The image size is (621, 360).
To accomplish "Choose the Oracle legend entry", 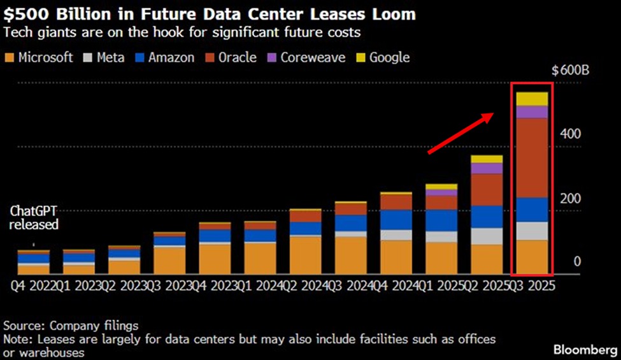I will (x=230, y=58).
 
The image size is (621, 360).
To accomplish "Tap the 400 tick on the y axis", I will (x=571, y=134).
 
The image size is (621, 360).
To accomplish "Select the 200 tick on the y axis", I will (x=571, y=198).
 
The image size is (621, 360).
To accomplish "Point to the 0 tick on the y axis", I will (x=577, y=262).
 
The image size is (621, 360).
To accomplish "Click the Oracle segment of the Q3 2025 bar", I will (x=531, y=157).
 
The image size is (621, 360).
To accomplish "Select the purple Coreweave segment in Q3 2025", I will (x=531, y=112).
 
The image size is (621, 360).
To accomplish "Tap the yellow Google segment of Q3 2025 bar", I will (x=531, y=99).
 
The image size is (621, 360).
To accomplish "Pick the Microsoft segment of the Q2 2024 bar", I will (x=305, y=256).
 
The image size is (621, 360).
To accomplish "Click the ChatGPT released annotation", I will (x=34, y=218).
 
